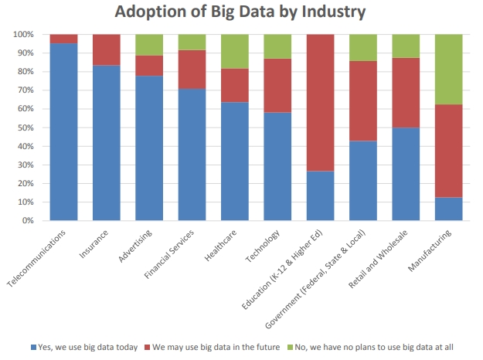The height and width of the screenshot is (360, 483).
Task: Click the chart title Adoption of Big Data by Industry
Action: (x=240, y=12)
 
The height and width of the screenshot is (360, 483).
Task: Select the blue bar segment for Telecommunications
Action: (x=63, y=131)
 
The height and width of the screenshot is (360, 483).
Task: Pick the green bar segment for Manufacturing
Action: (x=448, y=70)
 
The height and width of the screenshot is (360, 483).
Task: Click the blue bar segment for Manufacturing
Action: (x=448, y=209)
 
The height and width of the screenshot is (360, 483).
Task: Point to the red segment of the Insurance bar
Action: (x=107, y=49)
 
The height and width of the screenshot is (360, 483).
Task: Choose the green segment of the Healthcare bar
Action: (x=234, y=52)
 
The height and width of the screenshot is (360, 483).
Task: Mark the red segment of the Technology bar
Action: (x=277, y=86)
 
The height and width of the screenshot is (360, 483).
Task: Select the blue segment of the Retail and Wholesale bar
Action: (x=406, y=174)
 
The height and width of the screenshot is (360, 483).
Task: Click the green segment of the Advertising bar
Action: (x=149, y=45)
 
